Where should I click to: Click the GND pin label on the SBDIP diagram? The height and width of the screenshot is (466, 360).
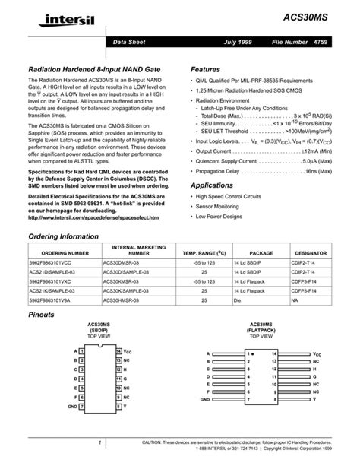point(72,407)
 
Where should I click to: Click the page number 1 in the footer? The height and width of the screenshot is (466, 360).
point(99,443)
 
